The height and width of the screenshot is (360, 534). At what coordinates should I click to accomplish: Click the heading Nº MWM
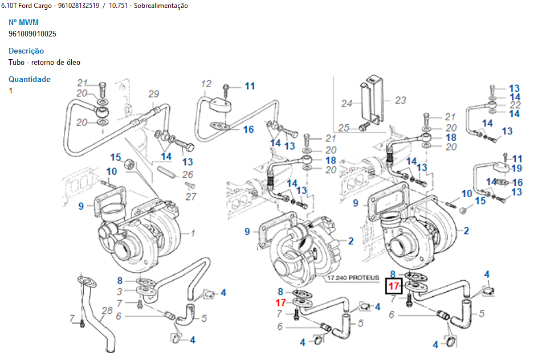pyautogui.click(x=24, y=22)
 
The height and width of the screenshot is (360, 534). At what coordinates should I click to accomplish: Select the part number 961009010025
pyautogui.click(x=32, y=34)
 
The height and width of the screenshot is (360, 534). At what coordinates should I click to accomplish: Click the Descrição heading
pyautogui.click(x=26, y=51)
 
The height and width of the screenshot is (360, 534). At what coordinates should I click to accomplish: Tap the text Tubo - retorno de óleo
pyautogui.click(x=44, y=62)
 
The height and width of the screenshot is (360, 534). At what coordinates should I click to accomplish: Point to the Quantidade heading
pyautogui.click(x=30, y=79)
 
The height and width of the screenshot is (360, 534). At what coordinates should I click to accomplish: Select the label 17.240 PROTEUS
pyautogui.click(x=353, y=278)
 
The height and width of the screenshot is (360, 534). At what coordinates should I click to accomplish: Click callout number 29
pyautogui.click(x=153, y=94)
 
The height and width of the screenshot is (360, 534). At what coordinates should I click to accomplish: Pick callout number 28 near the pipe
pyautogui.click(x=108, y=310)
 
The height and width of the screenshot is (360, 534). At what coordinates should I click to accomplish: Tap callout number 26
pyautogui.click(x=187, y=174)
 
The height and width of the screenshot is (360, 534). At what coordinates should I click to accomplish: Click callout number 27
pyautogui.click(x=191, y=197)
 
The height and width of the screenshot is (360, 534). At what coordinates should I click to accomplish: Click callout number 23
pyautogui.click(x=401, y=100)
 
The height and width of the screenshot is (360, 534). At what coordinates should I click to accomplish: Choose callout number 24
pyautogui.click(x=347, y=103)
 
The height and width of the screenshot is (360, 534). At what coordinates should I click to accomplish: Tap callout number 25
pyautogui.click(x=344, y=127)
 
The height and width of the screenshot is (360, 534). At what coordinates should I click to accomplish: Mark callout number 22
pyautogui.click(x=515, y=105)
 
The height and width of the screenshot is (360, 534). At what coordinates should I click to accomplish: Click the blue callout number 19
pyautogui.click(x=517, y=168)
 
